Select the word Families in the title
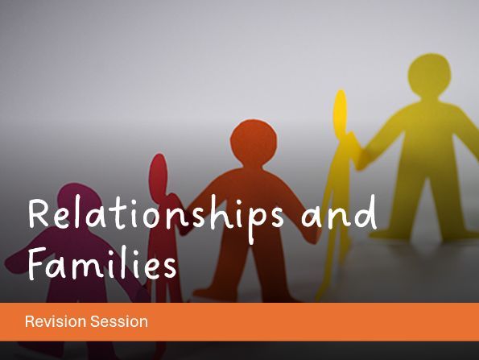(101, 263)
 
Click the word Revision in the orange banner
(52, 321)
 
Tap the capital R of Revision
(30, 321)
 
